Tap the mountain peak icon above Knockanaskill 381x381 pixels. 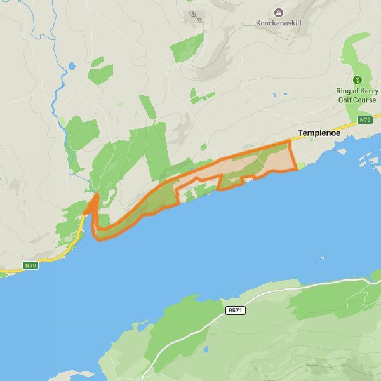(278, 11)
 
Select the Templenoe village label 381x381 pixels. (319, 133)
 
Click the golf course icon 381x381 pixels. (357, 80)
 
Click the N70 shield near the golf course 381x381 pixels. (364, 119)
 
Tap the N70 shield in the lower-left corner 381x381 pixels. (30, 265)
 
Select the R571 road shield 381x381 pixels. (234, 311)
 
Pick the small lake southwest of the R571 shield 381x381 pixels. (206, 349)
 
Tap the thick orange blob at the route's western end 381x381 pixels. (93, 204)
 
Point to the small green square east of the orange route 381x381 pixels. (301, 166)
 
